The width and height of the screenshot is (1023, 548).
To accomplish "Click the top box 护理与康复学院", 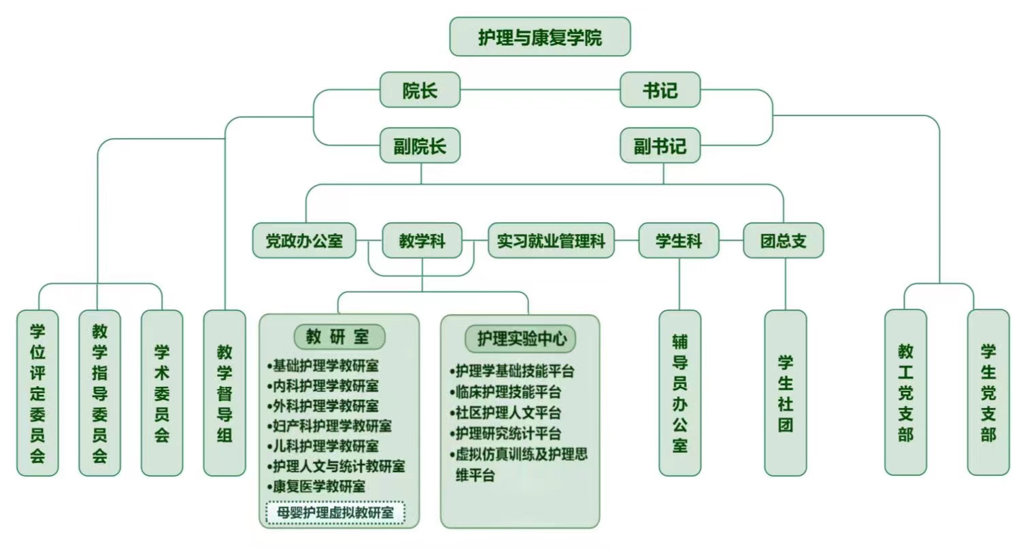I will click(x=540, y=37).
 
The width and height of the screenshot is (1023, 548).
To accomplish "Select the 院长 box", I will click(x=420, y=90).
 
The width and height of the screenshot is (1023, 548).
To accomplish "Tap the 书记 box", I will click(x=660, y=90).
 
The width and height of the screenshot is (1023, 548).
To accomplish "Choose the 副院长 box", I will click(x=420, y=145).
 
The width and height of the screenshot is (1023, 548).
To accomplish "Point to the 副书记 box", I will click(x=660, y=145).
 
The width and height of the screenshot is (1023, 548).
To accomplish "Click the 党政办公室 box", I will click(x=304, y=241).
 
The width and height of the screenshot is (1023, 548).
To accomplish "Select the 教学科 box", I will click(x=422, y=241).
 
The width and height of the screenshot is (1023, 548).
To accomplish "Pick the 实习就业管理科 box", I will click(x=551, y=241).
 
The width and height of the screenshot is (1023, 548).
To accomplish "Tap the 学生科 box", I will click(x=678, y=241).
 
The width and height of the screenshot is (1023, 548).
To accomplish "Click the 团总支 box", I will click(x=783, y=241).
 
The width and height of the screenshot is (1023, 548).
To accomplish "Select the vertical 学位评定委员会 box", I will click(x=37, y=393).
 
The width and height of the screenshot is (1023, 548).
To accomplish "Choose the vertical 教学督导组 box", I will click(x=224, y=393).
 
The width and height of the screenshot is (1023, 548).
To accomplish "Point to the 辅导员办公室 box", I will click(x=680, y=393).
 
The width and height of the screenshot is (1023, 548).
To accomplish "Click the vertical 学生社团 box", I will click(x=786, y=393).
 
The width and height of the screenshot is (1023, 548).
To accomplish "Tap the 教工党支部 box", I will click(x=905, y=393).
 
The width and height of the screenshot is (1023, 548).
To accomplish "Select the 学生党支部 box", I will click(x=988, y=393).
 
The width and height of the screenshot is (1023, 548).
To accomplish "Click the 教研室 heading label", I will click(x=339, y=336).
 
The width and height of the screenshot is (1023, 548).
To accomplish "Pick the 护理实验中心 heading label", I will click(x=520, y=338).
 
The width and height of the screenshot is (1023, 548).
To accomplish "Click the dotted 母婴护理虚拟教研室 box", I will click(x=335, y=513).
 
